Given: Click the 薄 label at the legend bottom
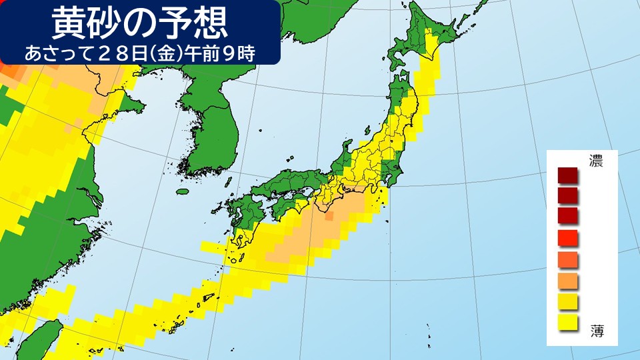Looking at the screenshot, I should tap(596, 330).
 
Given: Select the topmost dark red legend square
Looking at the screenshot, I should tap(569, 177).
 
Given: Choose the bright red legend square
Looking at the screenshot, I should tap(569, 237).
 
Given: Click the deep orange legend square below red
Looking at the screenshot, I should tap(569, 259).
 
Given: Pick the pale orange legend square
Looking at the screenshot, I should tap(569, 280).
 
